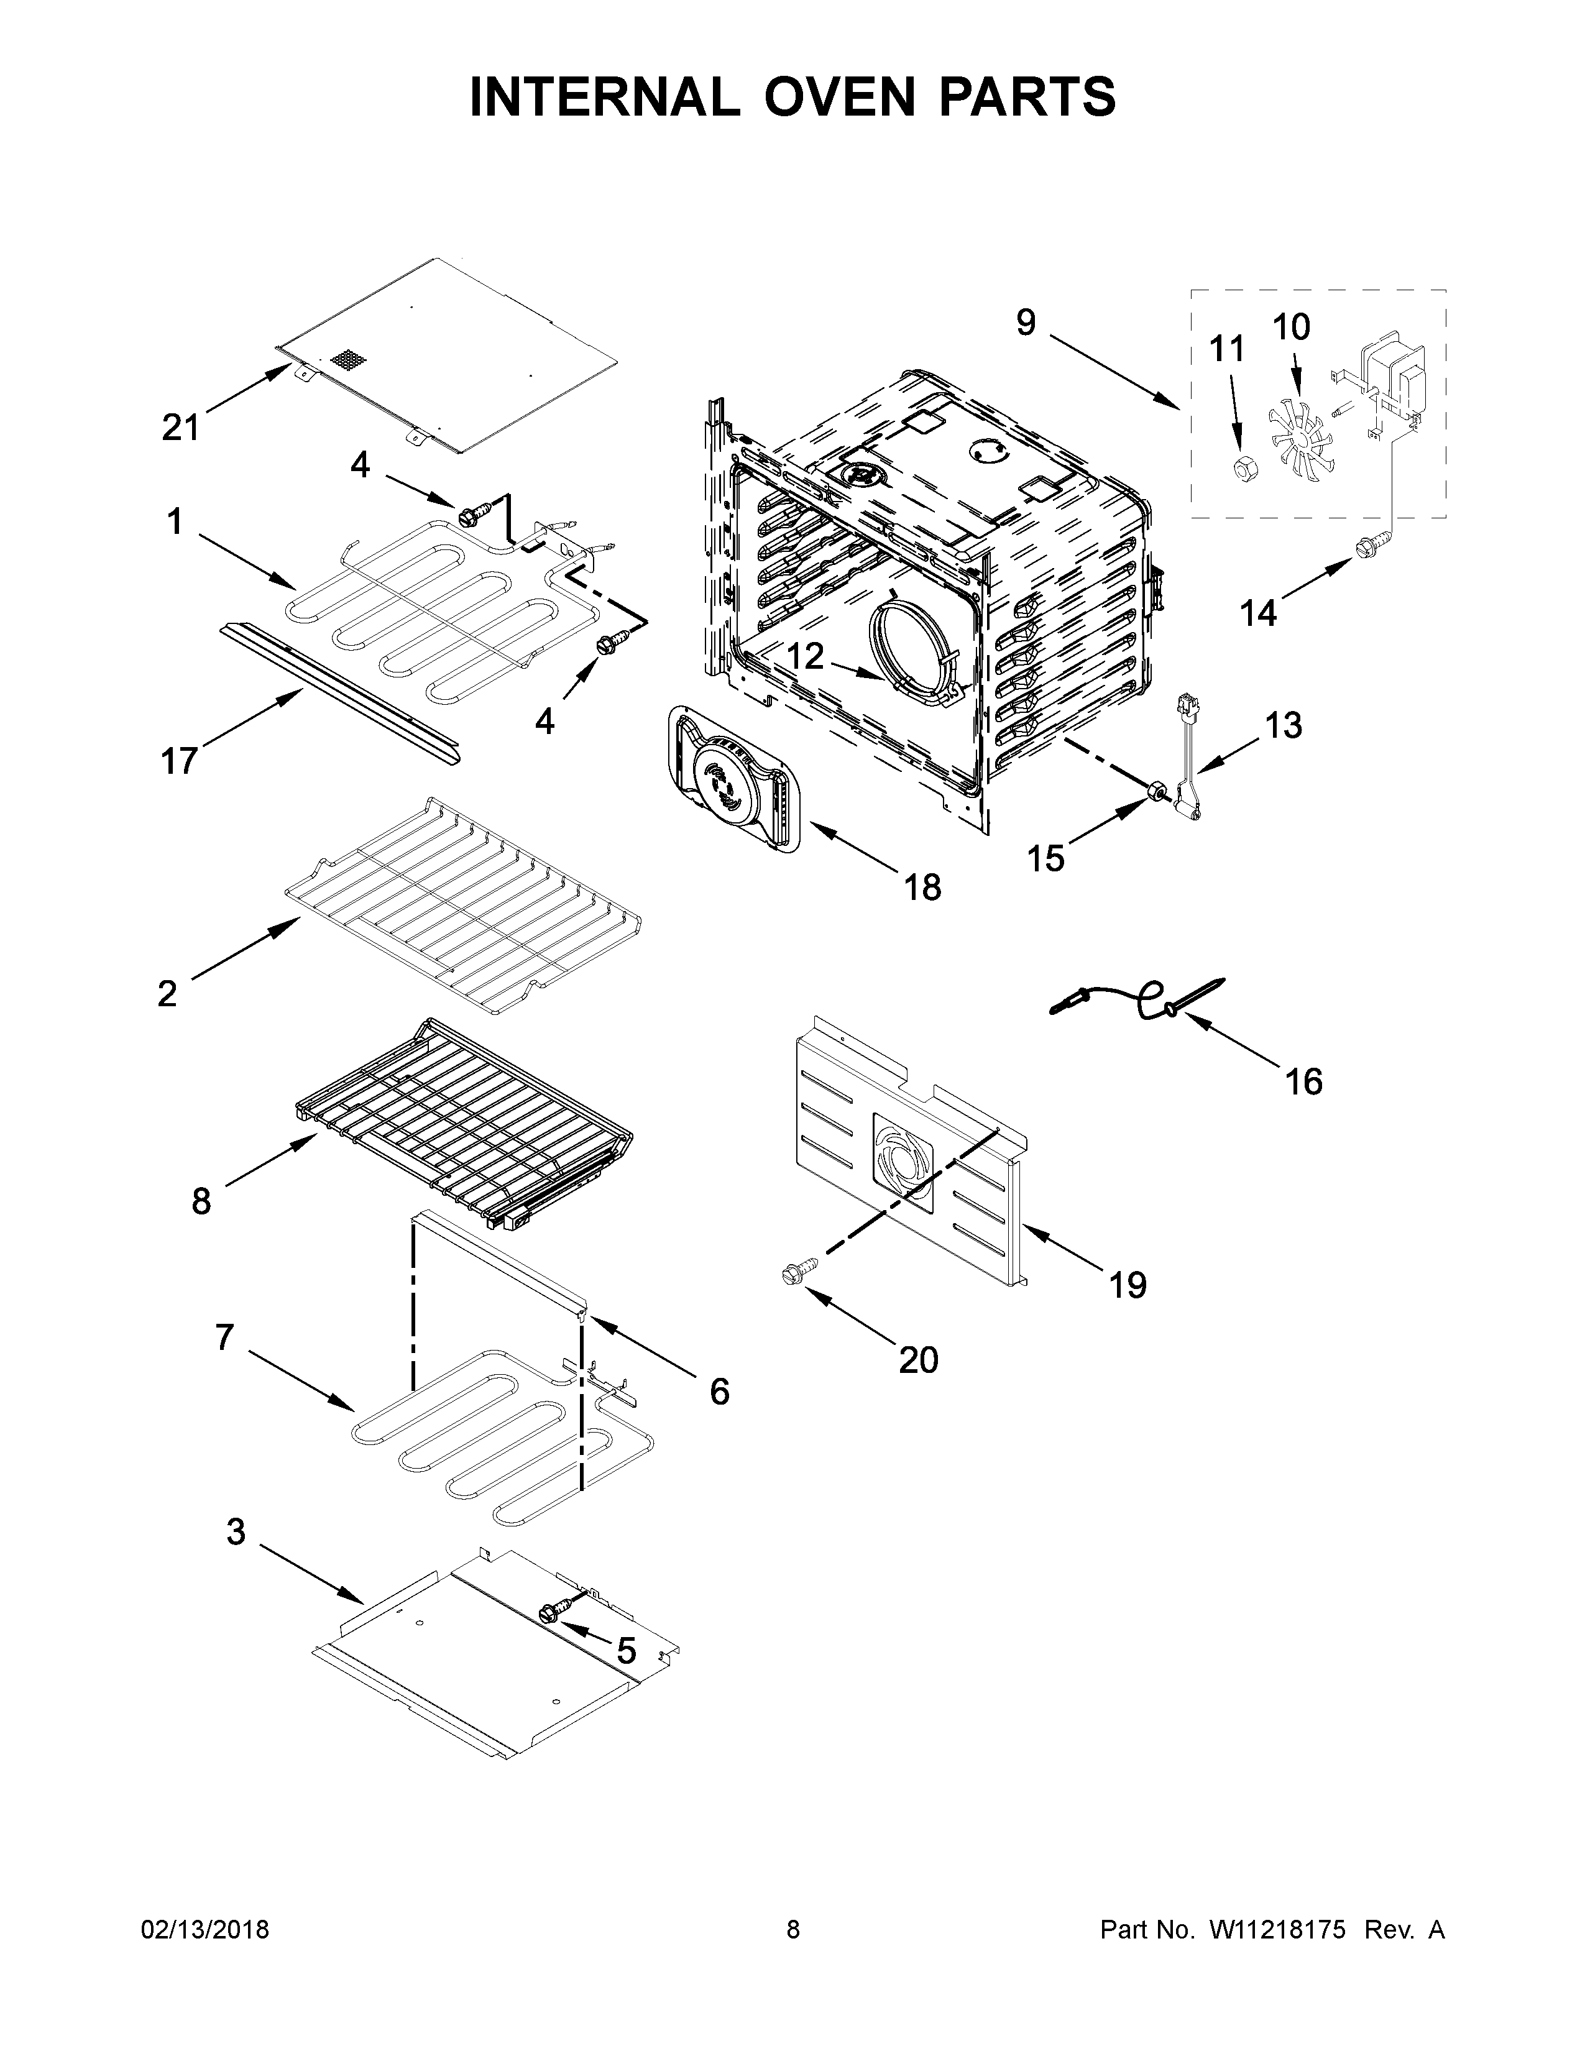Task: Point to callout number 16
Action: pyautogui.click(x=1303, y=1082)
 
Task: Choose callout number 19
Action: pyautogui.click(x=1128, y=1285)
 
